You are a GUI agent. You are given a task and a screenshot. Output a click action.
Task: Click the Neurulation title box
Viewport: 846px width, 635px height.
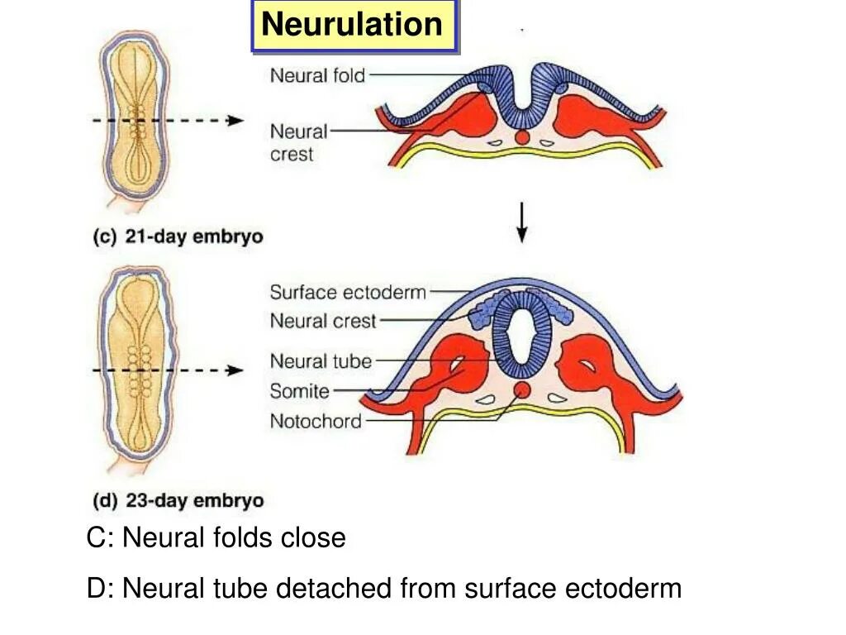(x=353, y=26)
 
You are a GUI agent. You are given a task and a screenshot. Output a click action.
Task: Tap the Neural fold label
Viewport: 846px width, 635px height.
(x=317, y=76)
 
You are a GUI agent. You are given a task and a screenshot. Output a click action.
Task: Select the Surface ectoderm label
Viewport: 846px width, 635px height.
(x=348, y=292)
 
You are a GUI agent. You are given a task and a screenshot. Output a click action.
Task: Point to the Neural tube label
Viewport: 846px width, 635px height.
(x=321, y=361)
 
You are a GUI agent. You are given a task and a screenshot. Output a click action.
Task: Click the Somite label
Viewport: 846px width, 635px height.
(x=299, y=391)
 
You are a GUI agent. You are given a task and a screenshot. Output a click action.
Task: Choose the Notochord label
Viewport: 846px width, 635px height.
(x=316, y=422)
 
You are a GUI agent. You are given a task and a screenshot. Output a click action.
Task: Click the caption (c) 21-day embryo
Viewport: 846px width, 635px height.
(x=178, y=236)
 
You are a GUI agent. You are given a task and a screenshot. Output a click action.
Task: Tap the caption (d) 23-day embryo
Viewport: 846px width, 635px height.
(x=178, y=501)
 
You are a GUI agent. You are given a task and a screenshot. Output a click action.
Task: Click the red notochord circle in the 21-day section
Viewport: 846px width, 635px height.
(x=521, y=137)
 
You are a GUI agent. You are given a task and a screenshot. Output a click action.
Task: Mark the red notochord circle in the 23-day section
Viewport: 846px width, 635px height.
(x=521, y=390)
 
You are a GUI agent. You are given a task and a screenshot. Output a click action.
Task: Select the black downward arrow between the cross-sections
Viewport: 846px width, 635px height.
(x=521, y=222)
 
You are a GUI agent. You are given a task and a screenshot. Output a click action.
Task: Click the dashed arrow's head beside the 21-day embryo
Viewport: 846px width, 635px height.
(x=236, y=120)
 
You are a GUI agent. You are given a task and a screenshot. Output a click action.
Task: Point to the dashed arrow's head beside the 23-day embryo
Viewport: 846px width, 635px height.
(x=236, y=371)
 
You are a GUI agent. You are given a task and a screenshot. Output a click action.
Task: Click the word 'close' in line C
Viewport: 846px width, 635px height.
(x=313, y=538)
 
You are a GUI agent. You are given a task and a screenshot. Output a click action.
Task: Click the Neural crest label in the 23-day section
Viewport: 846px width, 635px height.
(x=323, y=321)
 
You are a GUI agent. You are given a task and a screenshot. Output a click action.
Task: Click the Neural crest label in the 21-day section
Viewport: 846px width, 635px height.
(x=298, y=142)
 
